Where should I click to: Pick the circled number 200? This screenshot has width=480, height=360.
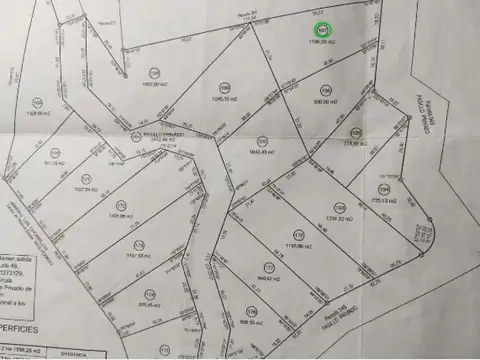[262, 140]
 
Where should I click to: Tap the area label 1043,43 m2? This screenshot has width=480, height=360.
[260, 152]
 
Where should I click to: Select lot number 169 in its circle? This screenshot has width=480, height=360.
[38, 101]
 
